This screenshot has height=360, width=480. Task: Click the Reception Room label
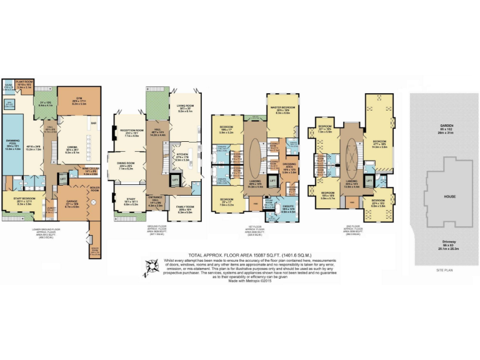(132, 131)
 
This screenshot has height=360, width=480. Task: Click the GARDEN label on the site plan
(444, 126)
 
